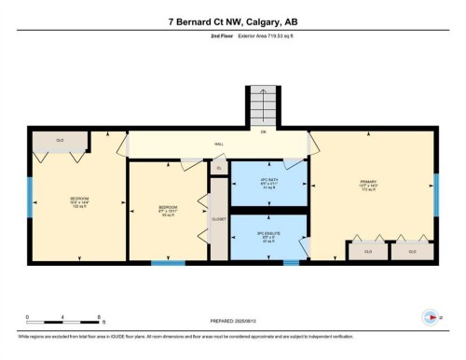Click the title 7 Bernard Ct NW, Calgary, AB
coord(232,21)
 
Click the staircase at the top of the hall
coord(262,106)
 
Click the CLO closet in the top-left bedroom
coord(60,141)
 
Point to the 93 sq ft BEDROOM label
coord(169,210)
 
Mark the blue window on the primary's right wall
coord(434,193)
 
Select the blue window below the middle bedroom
coord(168,262)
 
